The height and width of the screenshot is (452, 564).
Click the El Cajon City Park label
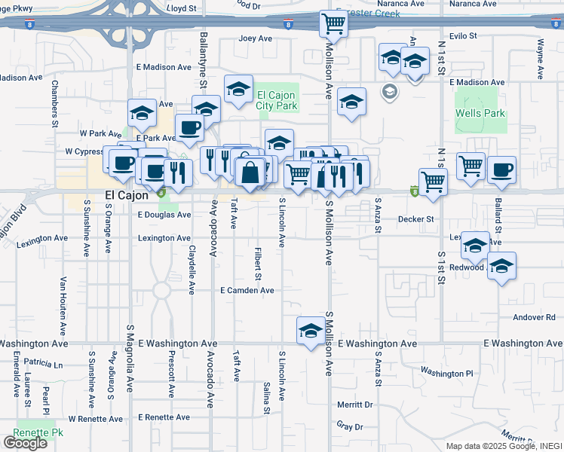point(277,100)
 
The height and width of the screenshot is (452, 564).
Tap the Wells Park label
point(480,114)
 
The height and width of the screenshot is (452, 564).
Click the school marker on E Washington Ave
point(310,331)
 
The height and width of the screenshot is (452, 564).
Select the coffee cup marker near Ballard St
point(501,169)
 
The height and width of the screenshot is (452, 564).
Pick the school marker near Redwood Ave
point(501,266)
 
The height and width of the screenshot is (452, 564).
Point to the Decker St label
point(417,220)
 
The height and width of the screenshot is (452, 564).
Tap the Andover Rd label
point(534,317)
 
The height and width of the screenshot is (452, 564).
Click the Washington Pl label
point(446,372)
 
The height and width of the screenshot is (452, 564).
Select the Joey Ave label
point(255,38)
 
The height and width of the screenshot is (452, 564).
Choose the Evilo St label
point(462,35)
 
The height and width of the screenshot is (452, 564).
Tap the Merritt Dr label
point(356,405)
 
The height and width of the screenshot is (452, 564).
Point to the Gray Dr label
point(350,426)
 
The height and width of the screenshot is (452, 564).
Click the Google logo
point(25,442)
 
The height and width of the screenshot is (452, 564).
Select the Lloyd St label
point(182,8)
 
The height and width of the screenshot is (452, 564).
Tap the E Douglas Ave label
point(164,215)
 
